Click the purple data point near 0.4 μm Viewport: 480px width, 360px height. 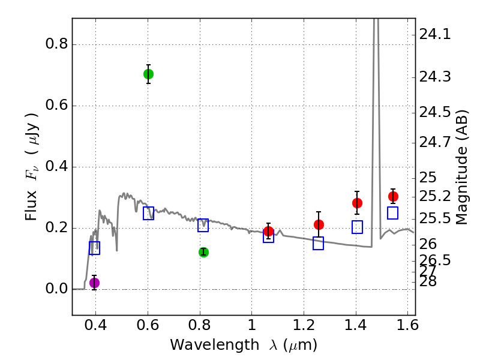(x=94, y=283)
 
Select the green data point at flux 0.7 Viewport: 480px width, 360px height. (x=148, y=74)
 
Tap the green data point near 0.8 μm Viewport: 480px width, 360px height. (x=203, y=252)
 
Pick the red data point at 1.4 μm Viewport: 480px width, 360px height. (x=357, y=203)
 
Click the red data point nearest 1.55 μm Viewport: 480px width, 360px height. (x=393, y=196)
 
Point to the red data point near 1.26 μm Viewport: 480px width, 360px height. (x=319, y=224)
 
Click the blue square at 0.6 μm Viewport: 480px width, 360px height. (x=148, y=213)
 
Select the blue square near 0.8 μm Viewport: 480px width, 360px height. (x=203, y=226)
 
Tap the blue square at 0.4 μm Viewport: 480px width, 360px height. (x=94, y=248)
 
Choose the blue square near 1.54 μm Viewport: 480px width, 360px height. (x=393, y=213)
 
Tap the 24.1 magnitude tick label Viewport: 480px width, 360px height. (x=436, y=35)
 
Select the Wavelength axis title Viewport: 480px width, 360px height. (x=243, y=345)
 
